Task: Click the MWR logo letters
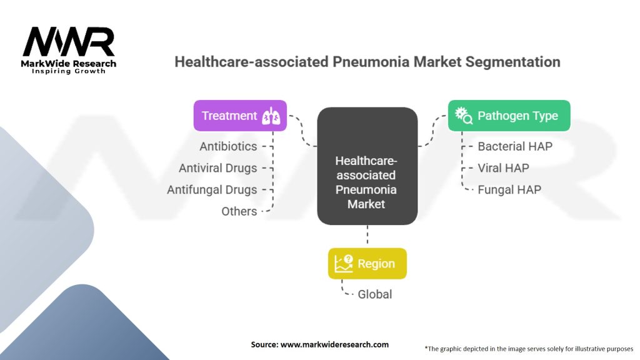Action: pyautogui.click(x=69, y=42)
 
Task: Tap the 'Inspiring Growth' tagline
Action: pyautogui.click(x=69, y=71)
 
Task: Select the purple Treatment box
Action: pyautogui.click(x=240, y=116)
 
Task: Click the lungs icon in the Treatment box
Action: pyautogui.click(x=271, y=116)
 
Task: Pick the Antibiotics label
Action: pyautogui.click(x=228, y=146)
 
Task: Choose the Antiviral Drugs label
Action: pyautogui.click(x=217, y=168)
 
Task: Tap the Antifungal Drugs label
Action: pyautogui.click(x=212, y=189)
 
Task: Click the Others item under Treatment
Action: pyautogui.click(x=239, y=211)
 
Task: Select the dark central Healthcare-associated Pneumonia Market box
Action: pyautogui.click(x=367, y=166)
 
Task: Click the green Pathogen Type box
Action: pyautogui.click(x=509, y=116)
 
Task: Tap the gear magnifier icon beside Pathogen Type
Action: pyautogui.click(x=464, y=116)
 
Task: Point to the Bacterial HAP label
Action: pyautogui.click(x=515, y=146)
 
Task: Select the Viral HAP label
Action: pyautogui.click(x=503, y=167)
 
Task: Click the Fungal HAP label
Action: pyautogui.click(x=509, y=189)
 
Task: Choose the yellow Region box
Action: pyautogui.click(x=367, y=264)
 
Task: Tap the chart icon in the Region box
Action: pyautogui.click(x=344, y=264)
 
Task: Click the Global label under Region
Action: pyautogui.click(x=374, y=294)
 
